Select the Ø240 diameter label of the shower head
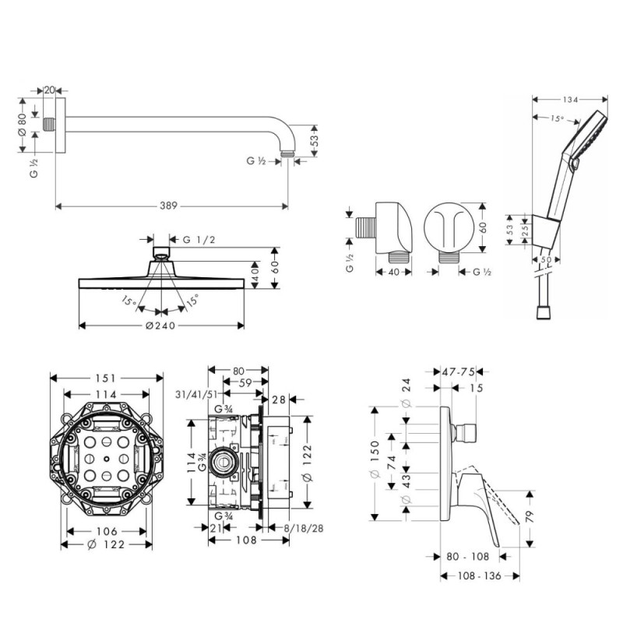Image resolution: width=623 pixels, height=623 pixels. [164, 326]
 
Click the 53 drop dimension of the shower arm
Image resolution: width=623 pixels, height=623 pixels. [314, 140]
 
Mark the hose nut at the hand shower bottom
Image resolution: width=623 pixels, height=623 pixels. [543, 311]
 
